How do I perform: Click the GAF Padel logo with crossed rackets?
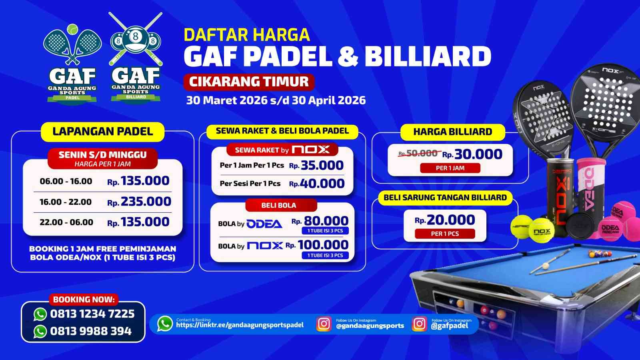coord(72,64)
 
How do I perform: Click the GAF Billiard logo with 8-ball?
coord(136,60)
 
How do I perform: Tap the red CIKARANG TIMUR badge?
coord(249,82)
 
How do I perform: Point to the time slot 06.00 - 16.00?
coord(66,181)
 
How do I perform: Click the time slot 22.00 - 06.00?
coord(66,222)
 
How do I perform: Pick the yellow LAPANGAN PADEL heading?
coord(102,132)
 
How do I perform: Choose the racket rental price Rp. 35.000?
coord(316,165)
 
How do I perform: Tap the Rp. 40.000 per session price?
coord(317,184)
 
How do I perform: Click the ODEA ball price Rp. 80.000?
coord(320,221)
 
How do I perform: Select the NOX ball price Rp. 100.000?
coord(317,245)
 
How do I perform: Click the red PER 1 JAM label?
coord(450,168)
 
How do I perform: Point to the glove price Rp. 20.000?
coord(445,220)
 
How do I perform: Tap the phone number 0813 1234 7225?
coord(92,314)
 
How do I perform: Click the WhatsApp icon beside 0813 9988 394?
coord(40,331)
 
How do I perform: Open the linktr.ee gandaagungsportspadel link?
coord(240,325)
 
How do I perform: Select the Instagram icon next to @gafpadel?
coord(419,324)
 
